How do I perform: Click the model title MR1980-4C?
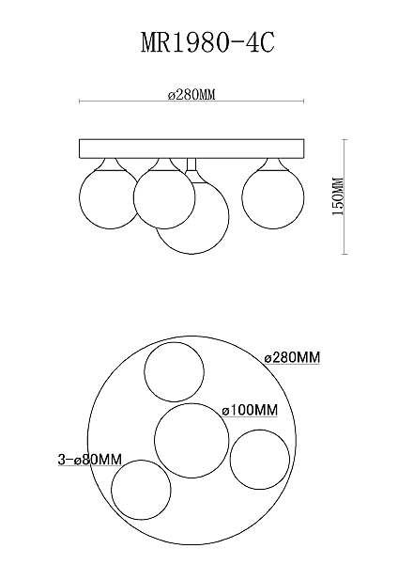pos(207,43)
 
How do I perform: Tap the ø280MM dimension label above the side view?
pos(191,95)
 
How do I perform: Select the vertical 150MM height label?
pos(338,196)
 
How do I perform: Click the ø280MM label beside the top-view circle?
pos(292,358)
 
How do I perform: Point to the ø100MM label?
pos(250,410)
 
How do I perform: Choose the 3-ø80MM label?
pos(90,460)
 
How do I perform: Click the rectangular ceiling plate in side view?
pos(191,149)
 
